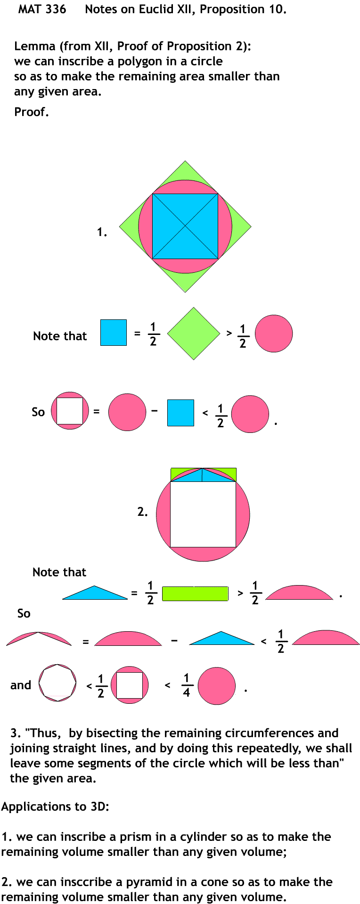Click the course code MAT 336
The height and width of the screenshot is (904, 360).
42,9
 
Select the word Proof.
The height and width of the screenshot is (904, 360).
31,112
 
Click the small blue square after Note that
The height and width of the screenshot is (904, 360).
114,333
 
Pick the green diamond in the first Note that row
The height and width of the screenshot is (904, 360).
194,334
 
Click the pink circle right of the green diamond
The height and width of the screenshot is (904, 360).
274,334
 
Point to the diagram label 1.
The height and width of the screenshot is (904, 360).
102,232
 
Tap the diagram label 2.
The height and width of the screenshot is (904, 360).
142,512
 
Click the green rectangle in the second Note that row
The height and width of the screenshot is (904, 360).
195,594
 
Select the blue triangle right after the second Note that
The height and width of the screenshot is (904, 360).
95,594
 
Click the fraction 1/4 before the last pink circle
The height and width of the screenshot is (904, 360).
186,685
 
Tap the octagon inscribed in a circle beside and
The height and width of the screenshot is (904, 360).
57,683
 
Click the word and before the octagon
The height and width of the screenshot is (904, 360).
21,685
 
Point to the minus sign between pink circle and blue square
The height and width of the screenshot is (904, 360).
155,411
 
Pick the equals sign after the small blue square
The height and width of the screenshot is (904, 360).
137,334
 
